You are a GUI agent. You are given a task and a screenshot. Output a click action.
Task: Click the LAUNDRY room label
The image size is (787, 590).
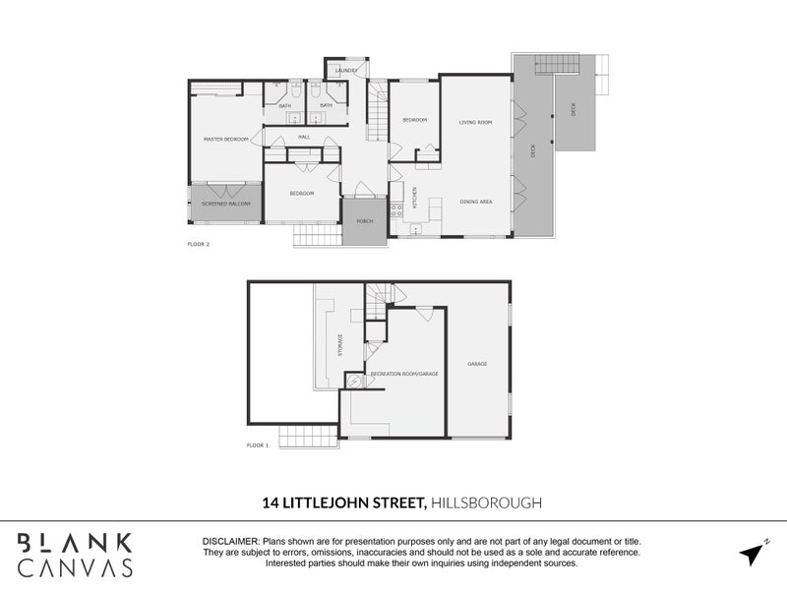(x=345, y=71)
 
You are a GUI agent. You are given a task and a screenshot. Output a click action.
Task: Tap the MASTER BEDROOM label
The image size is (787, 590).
(x=226, y=140)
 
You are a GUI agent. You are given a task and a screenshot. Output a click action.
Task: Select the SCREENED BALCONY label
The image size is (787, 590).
(x=226, y=204)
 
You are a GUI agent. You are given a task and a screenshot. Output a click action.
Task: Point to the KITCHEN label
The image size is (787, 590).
(x=414, y=197)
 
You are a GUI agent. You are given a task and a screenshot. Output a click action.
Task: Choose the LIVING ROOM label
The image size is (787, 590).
(x=475, y=122)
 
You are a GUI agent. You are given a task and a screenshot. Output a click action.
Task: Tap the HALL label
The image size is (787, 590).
(x=304, y=137)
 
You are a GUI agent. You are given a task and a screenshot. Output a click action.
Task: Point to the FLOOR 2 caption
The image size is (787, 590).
(x=199, y=243)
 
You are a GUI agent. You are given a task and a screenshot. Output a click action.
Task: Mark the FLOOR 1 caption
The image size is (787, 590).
(x=258, y=445)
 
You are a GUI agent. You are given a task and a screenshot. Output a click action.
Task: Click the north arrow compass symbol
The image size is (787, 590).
(x=753, y=554)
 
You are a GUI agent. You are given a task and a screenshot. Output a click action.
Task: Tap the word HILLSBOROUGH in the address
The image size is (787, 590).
(x=486, y=502)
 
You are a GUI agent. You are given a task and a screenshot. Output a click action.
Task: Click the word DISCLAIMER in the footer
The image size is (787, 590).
(x=230, y=542)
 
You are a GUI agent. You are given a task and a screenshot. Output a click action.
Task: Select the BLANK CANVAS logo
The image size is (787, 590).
(x=77, y=554)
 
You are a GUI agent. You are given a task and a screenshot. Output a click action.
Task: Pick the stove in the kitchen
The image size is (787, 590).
(x=396, y=209)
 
